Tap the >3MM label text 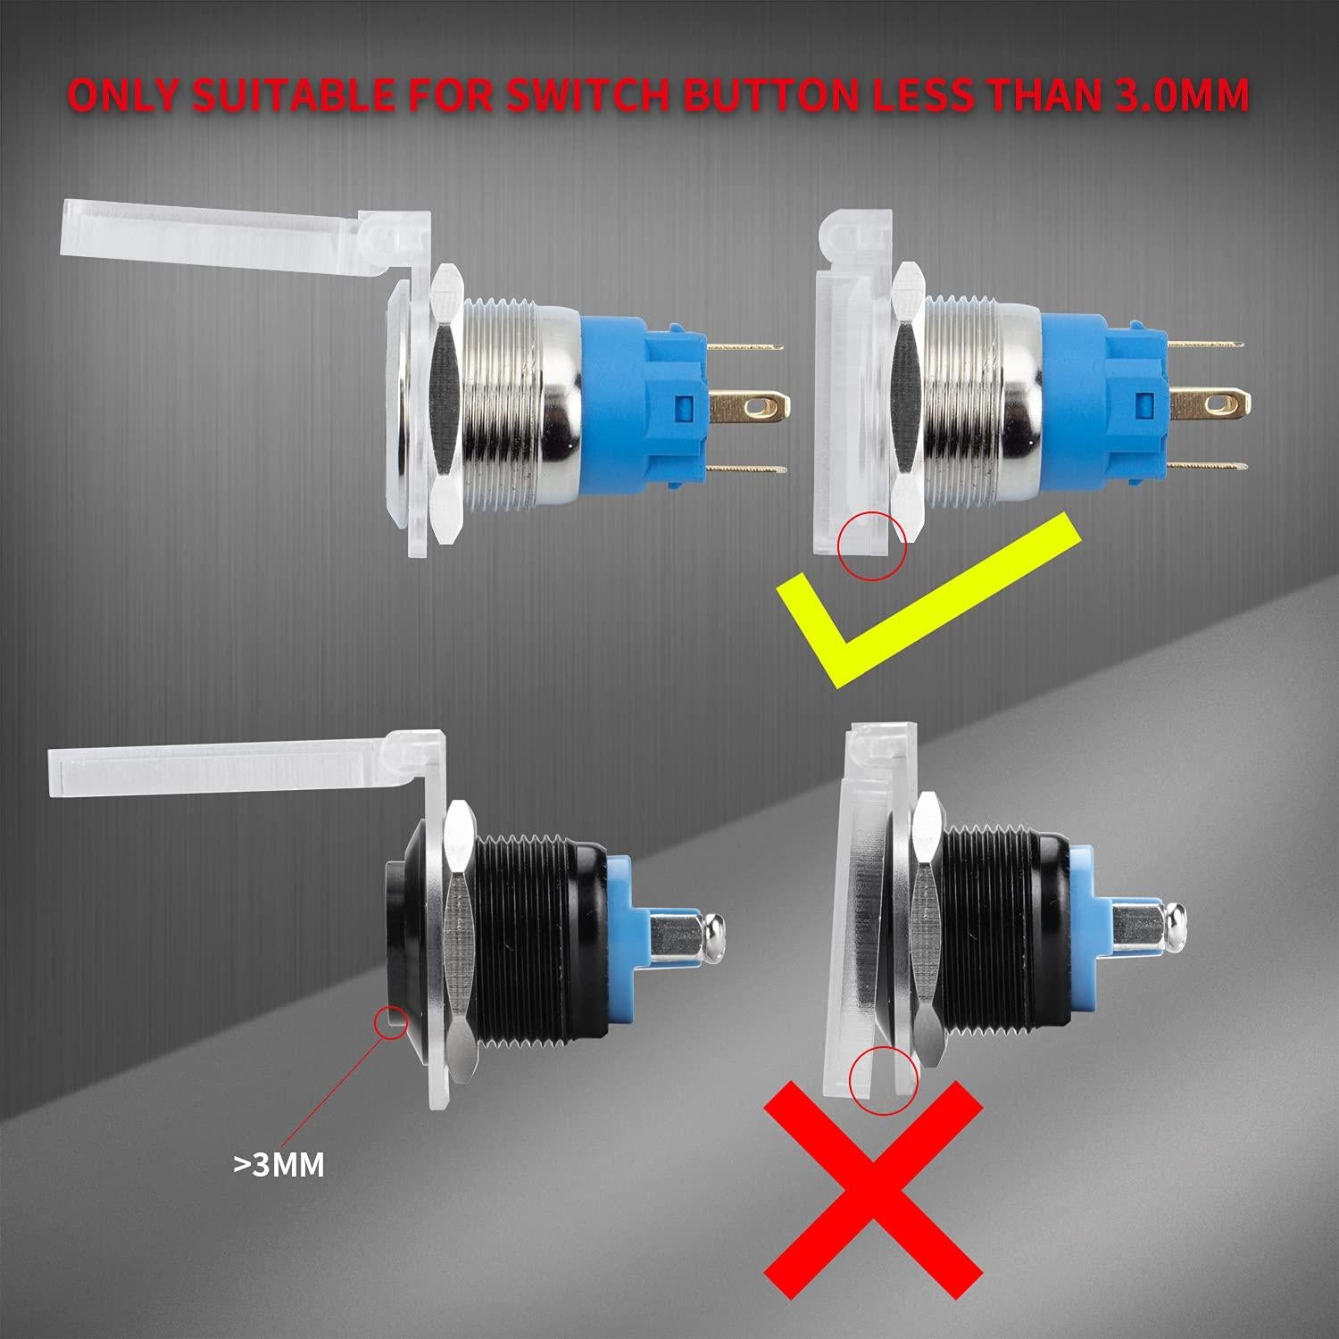coord(279,1163)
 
